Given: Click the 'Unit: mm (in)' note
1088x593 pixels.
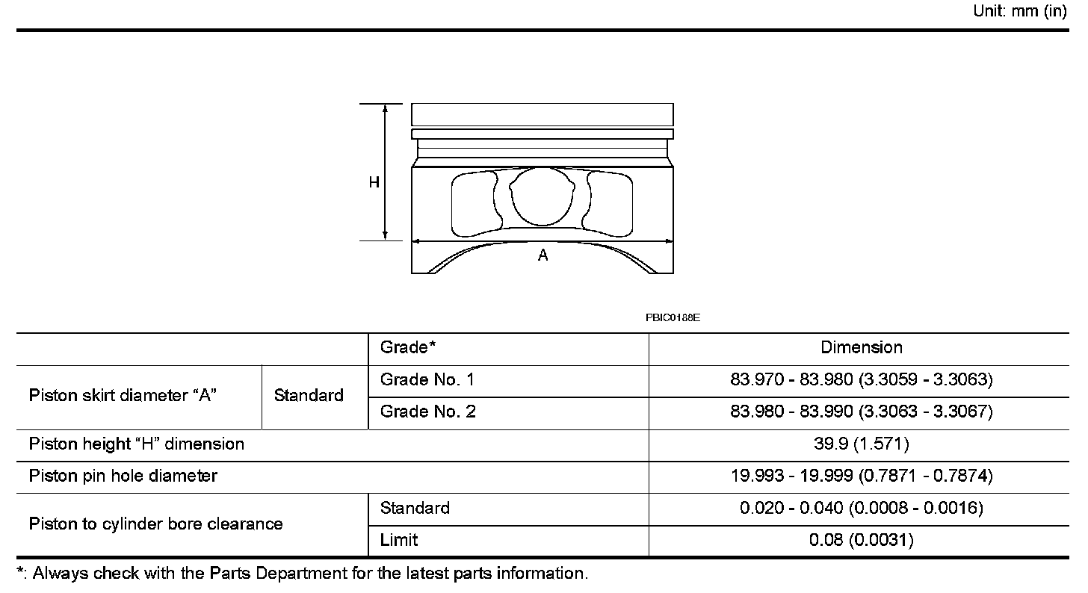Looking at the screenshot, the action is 1019,10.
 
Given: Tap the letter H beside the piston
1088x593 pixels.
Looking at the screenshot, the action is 374,182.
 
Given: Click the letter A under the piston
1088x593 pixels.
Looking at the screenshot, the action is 543,255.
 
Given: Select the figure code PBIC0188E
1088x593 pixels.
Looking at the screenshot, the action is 673,318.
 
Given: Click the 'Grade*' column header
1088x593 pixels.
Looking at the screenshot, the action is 407,347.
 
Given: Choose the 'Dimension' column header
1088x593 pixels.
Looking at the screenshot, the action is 861,347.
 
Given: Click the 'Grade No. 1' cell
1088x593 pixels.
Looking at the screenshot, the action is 427,379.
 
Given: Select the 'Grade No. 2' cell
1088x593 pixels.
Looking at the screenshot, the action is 427,412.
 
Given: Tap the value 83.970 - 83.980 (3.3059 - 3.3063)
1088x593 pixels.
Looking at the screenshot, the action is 861,379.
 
